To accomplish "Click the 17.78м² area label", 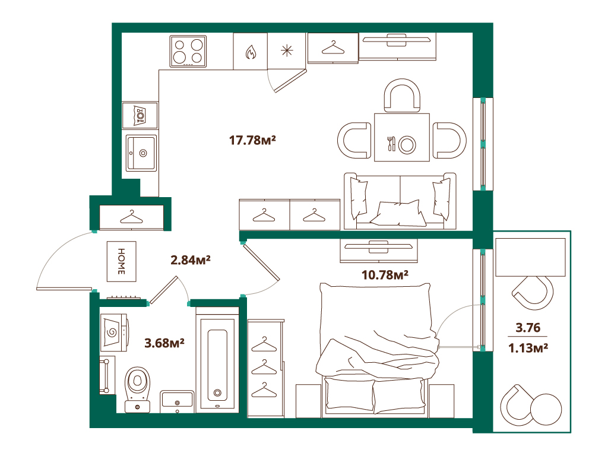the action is (x=252, y=140).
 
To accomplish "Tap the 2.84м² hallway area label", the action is (x=191, y=260).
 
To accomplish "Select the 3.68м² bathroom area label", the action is (x=164, y=343).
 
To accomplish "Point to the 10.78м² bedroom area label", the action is (x=385, y=275).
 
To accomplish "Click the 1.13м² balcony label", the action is (x=528, y=348).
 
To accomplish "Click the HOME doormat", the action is (x=121, y=261).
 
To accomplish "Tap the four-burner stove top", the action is (x=188, y=51).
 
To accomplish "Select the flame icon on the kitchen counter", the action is (x=251, y=52).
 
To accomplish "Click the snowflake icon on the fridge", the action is (x=287, y=51).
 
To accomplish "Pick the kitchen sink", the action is (x=141, y=153).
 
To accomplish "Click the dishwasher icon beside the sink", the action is (x=140, y=115).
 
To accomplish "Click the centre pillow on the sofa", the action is (x=398, y=213).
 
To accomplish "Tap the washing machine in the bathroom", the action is (x=114, y=332).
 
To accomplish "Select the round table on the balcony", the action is (x=546, y=409).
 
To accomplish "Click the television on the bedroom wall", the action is (x=378, y=246).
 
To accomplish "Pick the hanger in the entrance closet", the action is (x=131, y=217).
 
